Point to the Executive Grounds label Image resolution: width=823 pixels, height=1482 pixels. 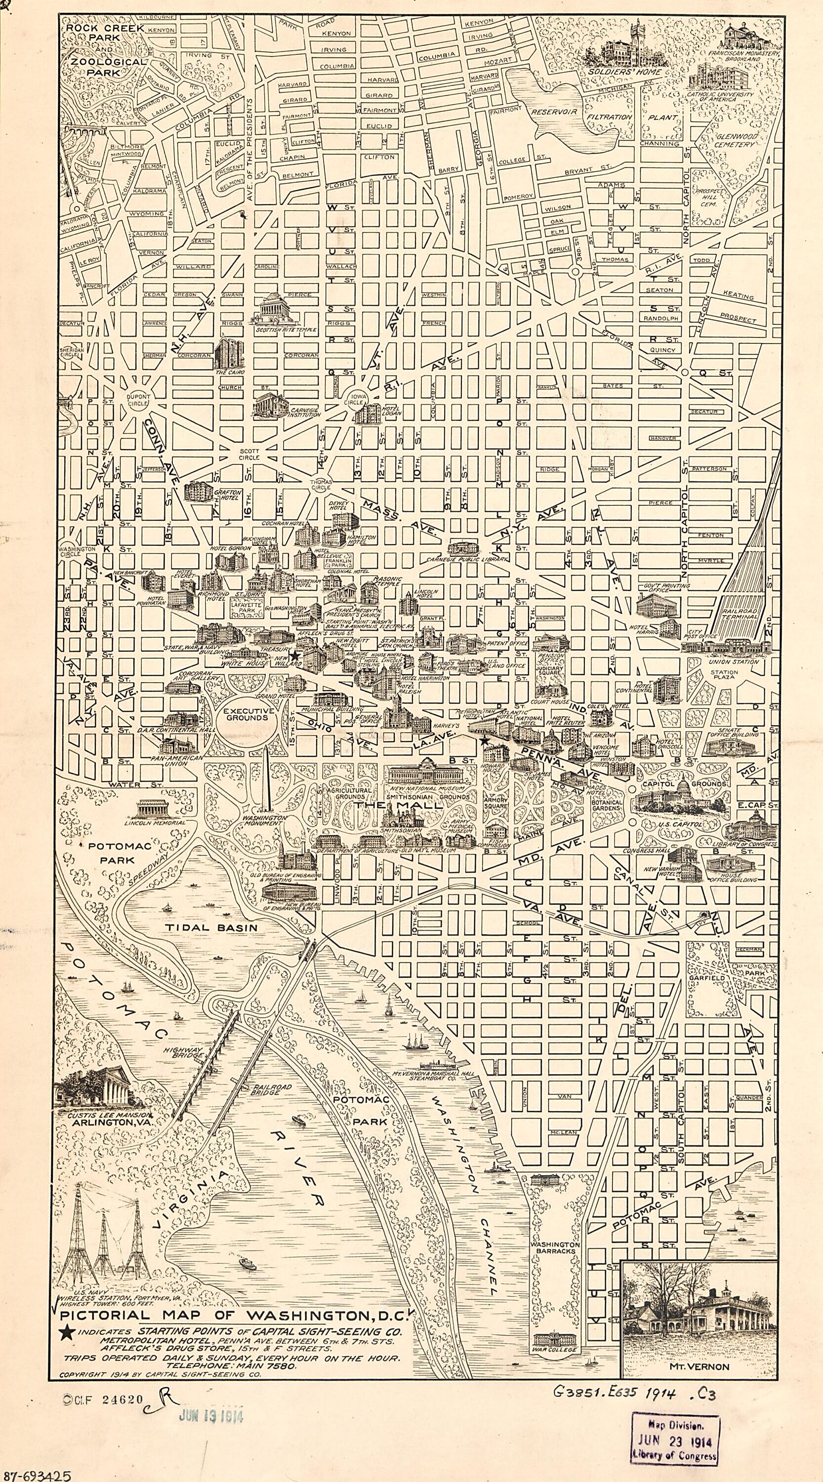click(247, 714)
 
